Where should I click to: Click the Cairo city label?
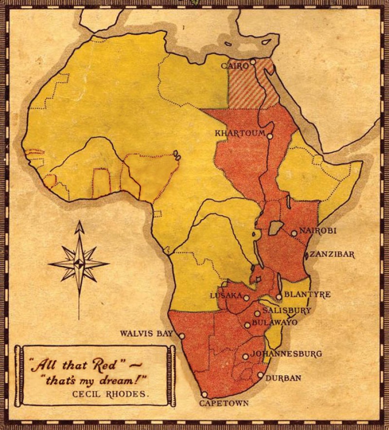pyautogui.click(x=235, y=65)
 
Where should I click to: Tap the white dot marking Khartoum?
pyautogui.click(x=270, y=136)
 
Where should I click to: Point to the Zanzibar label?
pyautogui.click(x=332, y=254)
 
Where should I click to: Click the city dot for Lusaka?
pyautogui.click(x=247, y=298)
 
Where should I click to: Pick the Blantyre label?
pyautogui.click(x=307, y=295)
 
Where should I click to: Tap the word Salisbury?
pyautogui.click(x=287, y=310)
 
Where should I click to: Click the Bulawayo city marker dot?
pyautogui.click(x=248, y=325)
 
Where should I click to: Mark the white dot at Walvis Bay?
pyautogui.click(x=182, y=336)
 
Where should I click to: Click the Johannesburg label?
pyautogui.click(x=286, y=354)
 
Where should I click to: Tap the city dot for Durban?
pyautogui.click(x=261, y=375)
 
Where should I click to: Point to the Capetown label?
pyautogui.click(x=224, y=403)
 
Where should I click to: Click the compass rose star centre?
pyautogui.click(x=79, y=263)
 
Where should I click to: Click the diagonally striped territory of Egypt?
pyautogui.click(x=253, y=85)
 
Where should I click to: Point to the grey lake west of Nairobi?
pyautogui.click(x=276, y=226)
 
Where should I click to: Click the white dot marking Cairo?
pyautogui.click(x=253, y=62)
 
